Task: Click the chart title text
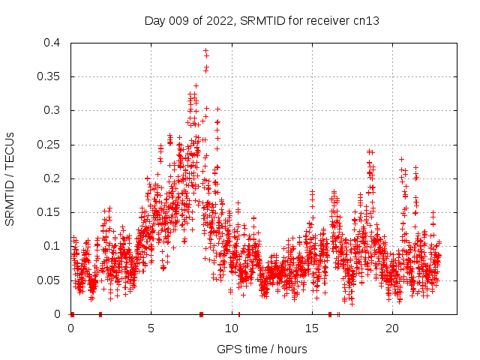coord(262,20)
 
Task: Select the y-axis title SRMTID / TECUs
coord(10,178)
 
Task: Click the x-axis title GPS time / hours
coord(262,349)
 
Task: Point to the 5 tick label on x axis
coord(151,328)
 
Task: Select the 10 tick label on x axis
coord(231,328)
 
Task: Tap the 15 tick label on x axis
coord(311,328)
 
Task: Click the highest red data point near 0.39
coord(205,50)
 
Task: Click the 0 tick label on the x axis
coord(70,328)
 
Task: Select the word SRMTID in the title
coord(259,20)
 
